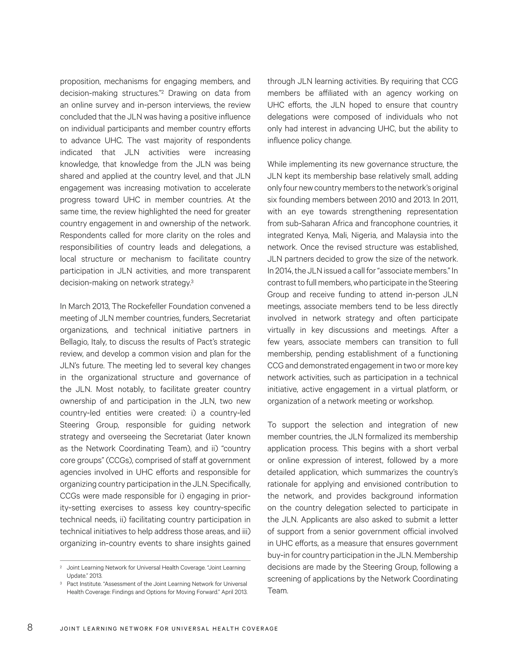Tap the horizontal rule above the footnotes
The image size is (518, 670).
[x=155, y=561]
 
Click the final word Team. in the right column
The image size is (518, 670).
[x=278, y=591]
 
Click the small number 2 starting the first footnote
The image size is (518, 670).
[x=61, y=567]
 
